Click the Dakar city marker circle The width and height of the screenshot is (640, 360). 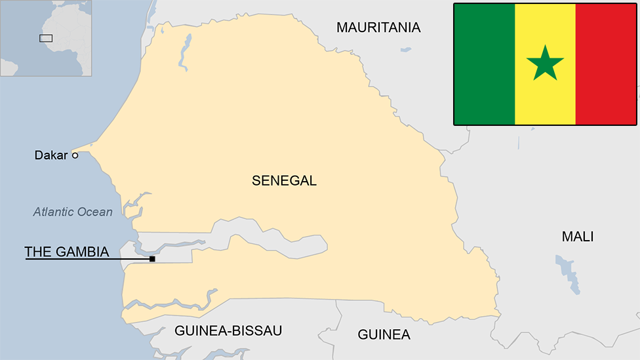coord(75,155)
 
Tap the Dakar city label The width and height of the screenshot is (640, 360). coord(51,155)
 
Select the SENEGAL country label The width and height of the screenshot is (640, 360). coord(284,180)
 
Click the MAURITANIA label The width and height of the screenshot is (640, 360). coord(378,27)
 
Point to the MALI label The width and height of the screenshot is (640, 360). coord(577,237)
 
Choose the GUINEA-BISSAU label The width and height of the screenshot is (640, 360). coord(228,330)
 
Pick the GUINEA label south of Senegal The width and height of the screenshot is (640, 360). coord(384,334)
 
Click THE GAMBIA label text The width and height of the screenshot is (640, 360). coord(66,251)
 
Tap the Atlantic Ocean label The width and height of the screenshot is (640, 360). coord(73,212)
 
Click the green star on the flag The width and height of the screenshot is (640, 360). coord(545,64)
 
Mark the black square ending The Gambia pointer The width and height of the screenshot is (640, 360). coord(152,259)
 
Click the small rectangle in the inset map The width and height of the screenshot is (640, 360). coord(46,38)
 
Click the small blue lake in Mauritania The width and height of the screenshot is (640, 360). coord(406,49)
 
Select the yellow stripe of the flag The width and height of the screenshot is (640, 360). coord(531,98)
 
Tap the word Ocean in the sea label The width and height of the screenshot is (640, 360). coord(95,212)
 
